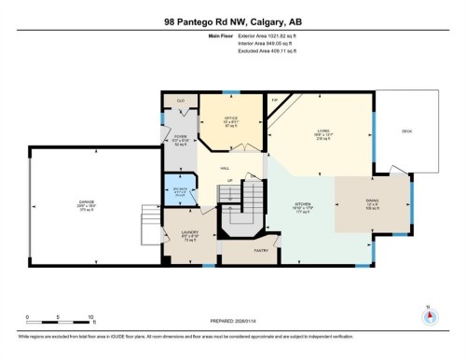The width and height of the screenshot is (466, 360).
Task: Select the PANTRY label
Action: click(x=262, y=250)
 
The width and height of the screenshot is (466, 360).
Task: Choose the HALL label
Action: click(x=225, y=168)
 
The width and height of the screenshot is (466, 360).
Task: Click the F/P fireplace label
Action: click(x=275, y=99)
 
